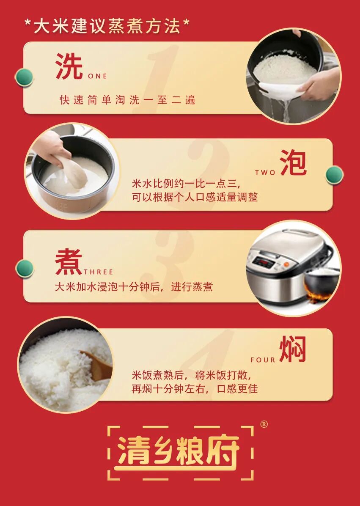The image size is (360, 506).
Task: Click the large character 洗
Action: (x=69, y=66)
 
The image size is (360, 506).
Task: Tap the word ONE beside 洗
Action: (x=97, y=77)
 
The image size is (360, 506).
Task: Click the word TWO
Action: (x=265, y=173)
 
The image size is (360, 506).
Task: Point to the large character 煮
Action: (x=69, y=261)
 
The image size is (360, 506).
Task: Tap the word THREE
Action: (x=99, y=272)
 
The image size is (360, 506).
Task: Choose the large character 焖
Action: (x=292, y=349)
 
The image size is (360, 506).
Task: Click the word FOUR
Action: (x=263, y=360)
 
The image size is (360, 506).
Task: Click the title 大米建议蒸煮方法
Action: (x=107, y=26)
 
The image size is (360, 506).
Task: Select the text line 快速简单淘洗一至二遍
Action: (x=127, y=100)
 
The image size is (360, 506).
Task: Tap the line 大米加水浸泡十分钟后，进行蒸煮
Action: (x=134, y=287)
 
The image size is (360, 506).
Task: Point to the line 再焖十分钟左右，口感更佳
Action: (x=195, y=388)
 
